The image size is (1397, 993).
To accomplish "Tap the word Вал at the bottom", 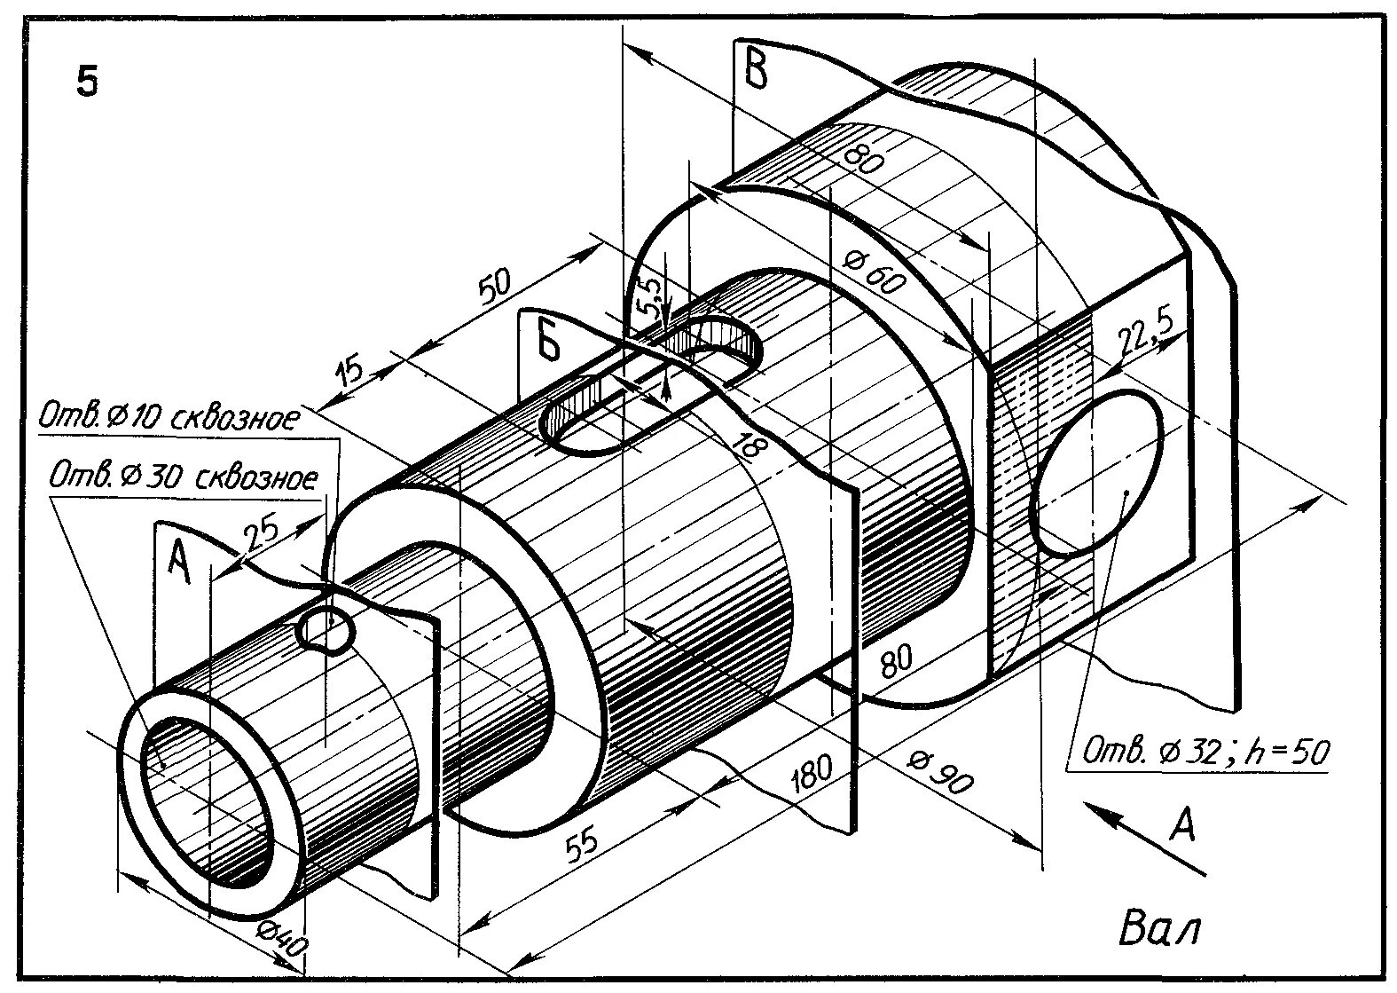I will coord(1159,931).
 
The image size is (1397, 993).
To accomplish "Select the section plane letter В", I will coord(756,68).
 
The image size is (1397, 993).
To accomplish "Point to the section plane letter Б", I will coord(550,340).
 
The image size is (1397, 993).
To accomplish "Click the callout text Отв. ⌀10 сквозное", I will coord(169,418).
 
